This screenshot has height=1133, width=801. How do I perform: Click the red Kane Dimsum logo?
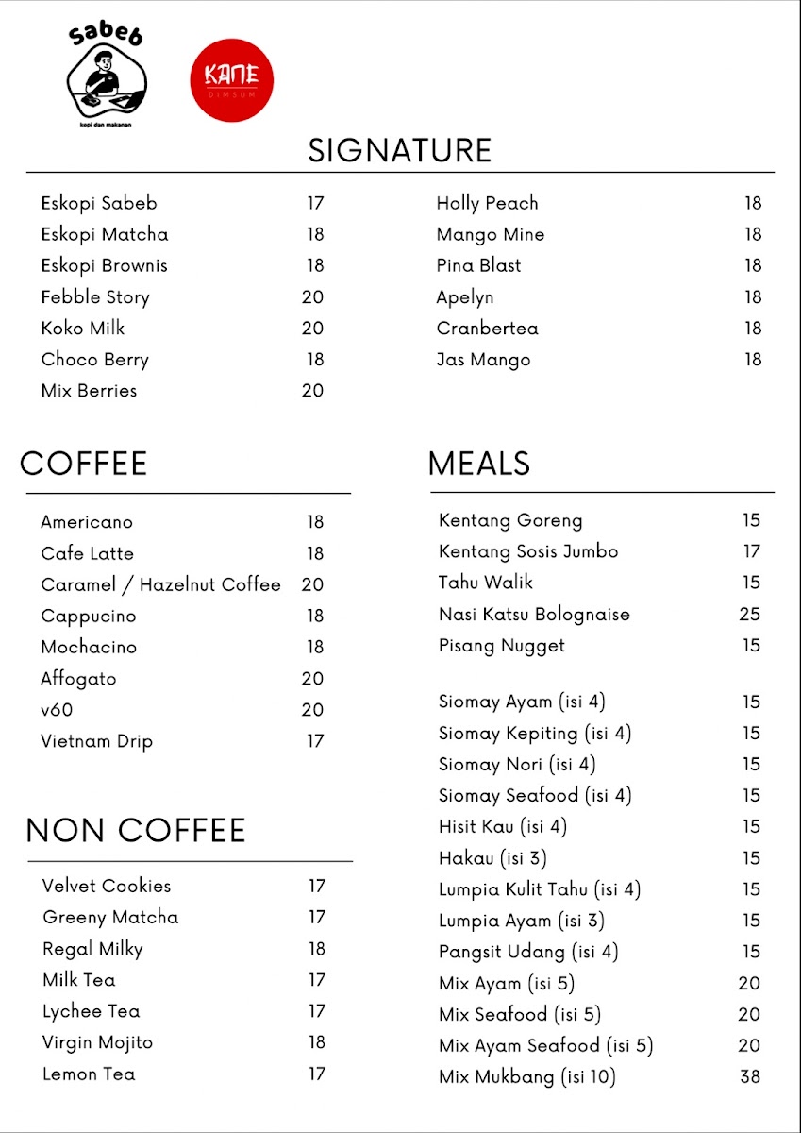coord(231,79)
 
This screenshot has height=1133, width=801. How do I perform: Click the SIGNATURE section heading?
coord(400,150)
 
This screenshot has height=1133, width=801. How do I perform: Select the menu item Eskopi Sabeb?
coord(99,203)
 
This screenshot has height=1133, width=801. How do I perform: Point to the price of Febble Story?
coord(312,297)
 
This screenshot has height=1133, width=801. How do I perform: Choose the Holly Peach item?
coord(487,203)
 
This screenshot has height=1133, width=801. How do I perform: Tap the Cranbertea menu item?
coord(487,329)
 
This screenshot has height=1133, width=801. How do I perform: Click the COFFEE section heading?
coord(84,464)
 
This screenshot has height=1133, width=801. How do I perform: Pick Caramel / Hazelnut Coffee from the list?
coord(160,584)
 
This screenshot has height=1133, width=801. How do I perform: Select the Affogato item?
coord(78,678)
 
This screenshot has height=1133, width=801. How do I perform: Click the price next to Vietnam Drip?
coord(315,741)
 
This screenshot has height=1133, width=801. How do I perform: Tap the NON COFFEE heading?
coord(136,830)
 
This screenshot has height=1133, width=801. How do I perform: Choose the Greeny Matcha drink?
coord(110,917)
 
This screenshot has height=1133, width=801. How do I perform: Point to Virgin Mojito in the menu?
coord(97,1042)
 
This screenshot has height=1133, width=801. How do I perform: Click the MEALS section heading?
coord(478,464)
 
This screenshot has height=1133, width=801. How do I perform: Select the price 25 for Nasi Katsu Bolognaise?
coord(749,615)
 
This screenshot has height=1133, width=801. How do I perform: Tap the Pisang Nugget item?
coord(502,646)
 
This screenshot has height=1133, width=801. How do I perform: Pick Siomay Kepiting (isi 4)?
coord(535,734)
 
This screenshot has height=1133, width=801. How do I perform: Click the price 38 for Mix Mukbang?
coord(750,1076)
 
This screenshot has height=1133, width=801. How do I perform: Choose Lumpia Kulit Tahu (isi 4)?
coord(540,889)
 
